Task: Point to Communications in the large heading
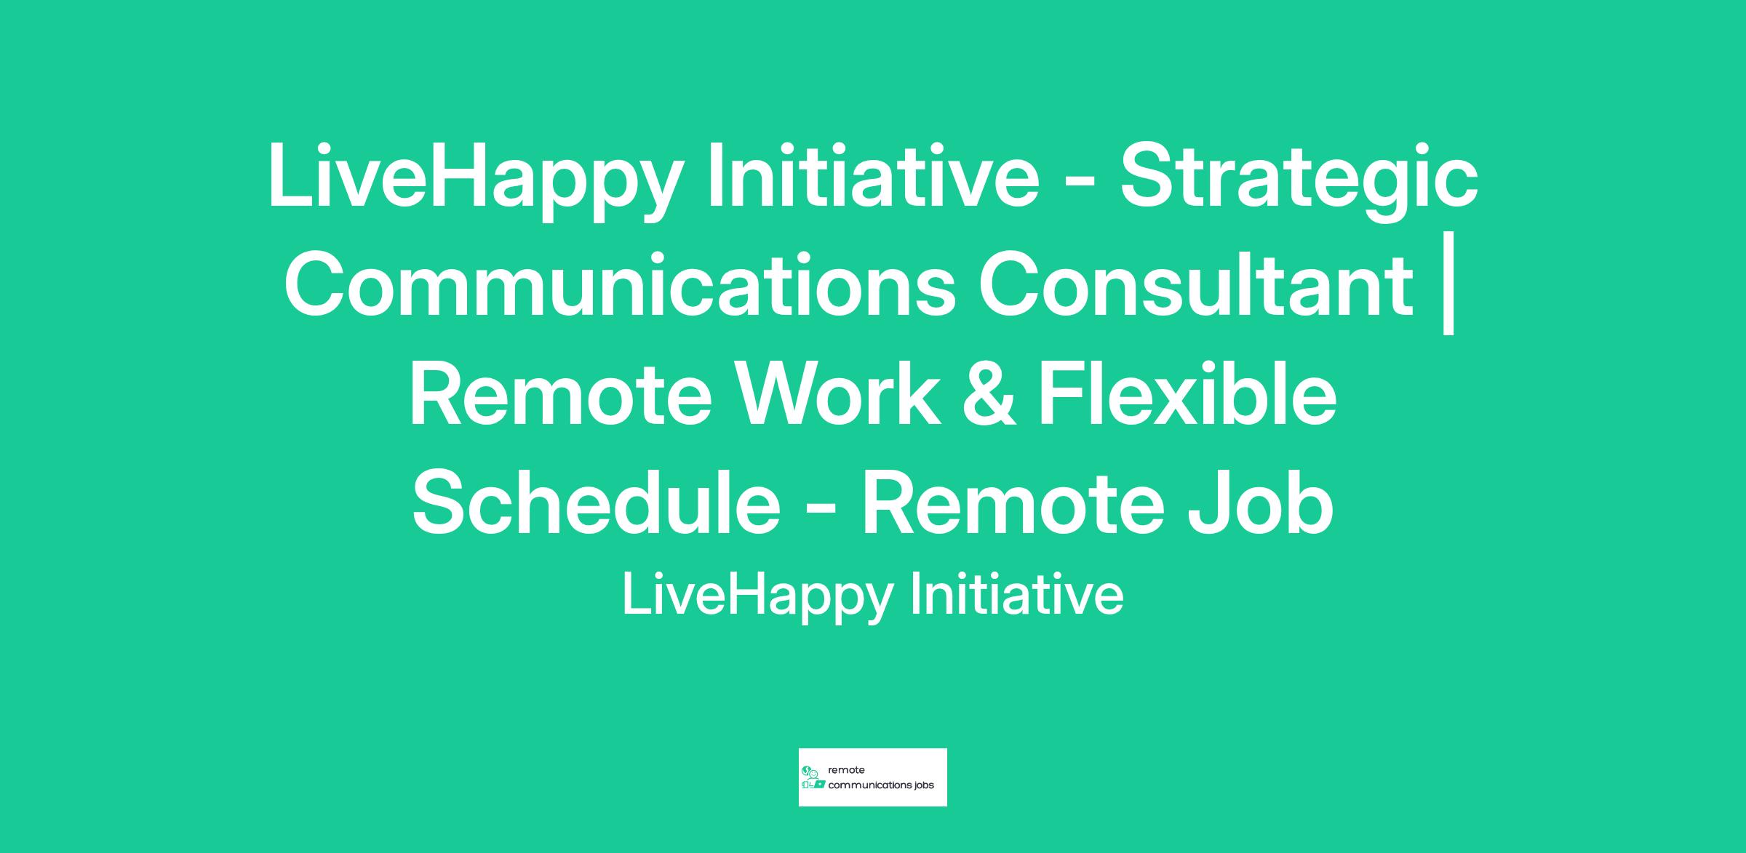point(619,283)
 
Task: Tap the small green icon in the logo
point(813,777)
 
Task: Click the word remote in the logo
point(847,770)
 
